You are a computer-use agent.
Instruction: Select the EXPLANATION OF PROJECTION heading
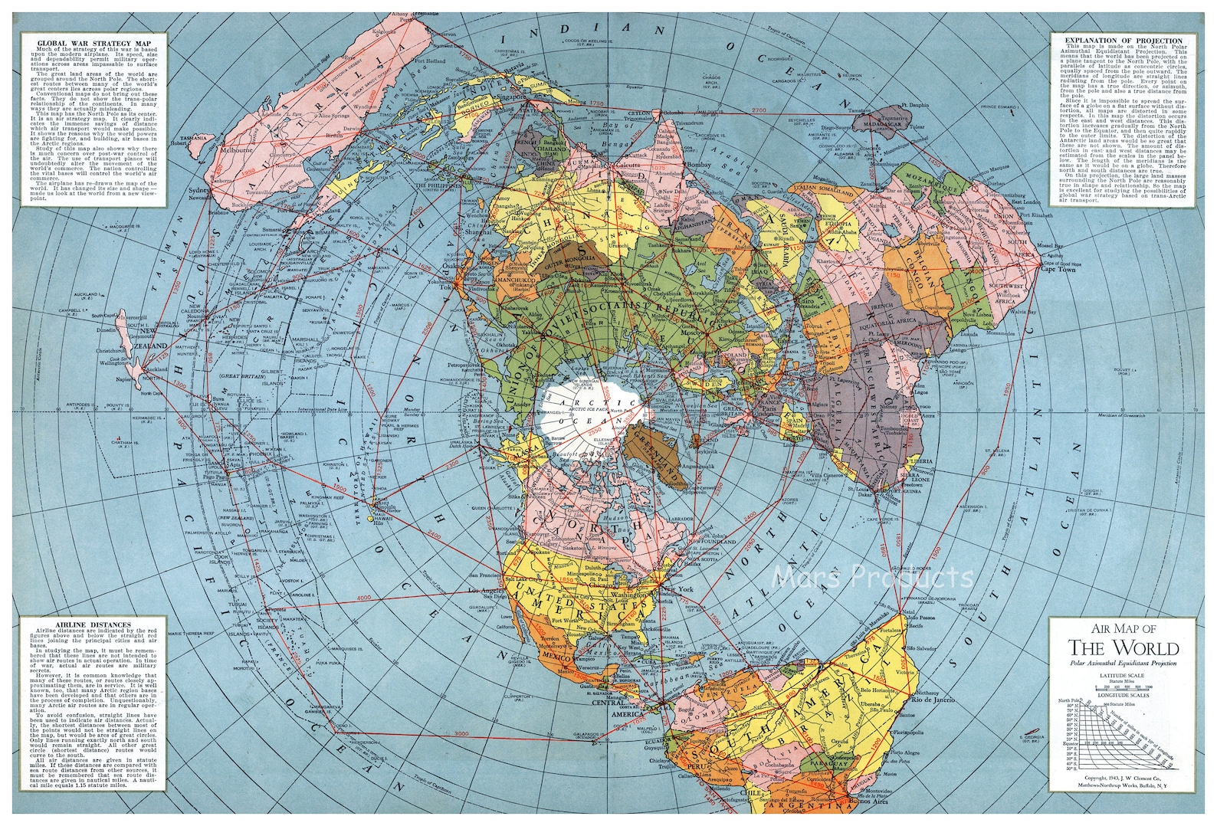[1117, 41]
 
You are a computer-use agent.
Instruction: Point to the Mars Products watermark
[873, 575]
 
